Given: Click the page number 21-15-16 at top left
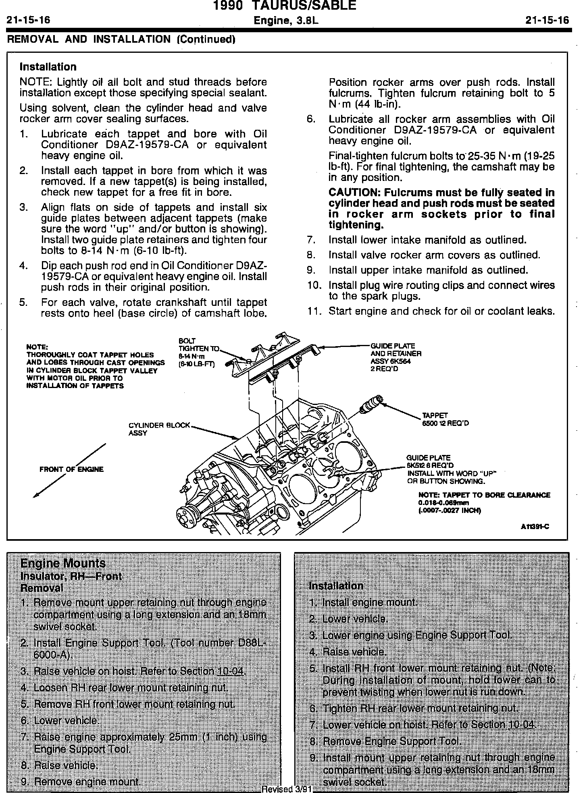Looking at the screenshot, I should point(28,20).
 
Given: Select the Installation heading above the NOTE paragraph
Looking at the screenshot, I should point(48,67).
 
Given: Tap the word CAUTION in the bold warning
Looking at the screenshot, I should point(354,193).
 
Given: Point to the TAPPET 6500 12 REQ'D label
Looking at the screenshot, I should point(445,419).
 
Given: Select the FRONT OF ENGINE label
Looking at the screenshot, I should point(71,469).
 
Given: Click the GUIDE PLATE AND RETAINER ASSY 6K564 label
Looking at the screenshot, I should point(395,357).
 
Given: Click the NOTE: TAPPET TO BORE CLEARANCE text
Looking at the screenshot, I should point(484,495).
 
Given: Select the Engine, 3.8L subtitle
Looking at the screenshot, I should point(286,21).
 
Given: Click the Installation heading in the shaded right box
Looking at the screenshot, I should point(335,585).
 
